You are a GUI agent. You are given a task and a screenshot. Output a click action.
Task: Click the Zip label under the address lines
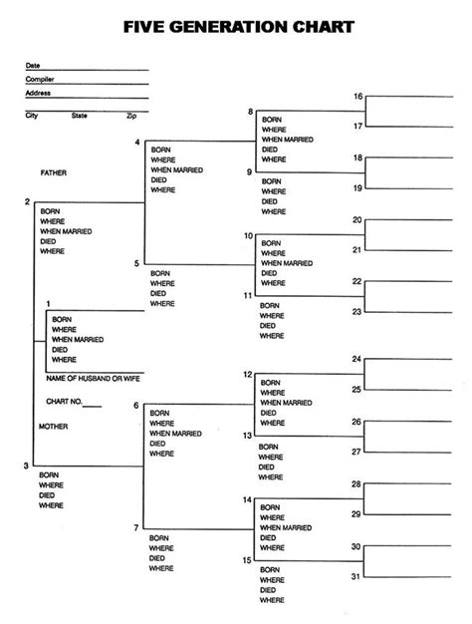[x=130, y=116]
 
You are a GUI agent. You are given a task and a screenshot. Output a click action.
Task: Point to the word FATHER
[x=54, y=172]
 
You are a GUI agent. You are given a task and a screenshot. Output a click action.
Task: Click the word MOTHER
[x=54, y=426]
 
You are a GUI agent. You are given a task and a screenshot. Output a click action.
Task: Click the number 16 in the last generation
[x=356, y=96]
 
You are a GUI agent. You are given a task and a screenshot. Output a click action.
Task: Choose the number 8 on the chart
[x=250, y=113]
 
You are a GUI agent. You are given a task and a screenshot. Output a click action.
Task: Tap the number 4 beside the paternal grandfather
[x=136, y=144]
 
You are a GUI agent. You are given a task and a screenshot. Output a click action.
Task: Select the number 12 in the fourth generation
[x=248, y=374]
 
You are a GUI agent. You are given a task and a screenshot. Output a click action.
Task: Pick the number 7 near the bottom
[x=136, y=526]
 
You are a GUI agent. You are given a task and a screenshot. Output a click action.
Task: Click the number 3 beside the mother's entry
[x=26, y=466]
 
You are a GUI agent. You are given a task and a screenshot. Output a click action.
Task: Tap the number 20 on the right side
[x=356, y=219]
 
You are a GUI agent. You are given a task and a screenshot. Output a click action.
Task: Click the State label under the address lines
[x=80, y=116]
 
